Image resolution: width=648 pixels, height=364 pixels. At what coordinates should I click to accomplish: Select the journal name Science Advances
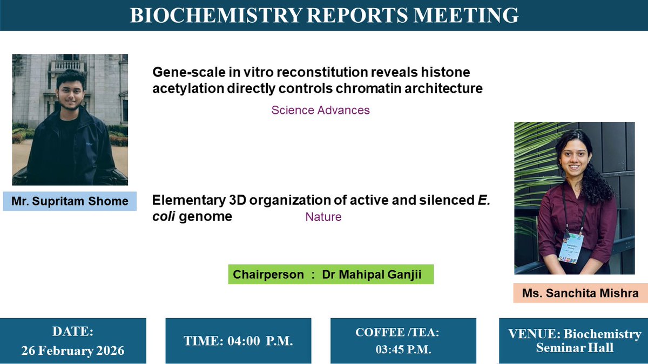click(x=320, y=111)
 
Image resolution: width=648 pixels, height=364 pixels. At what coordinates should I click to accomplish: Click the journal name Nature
click(x=323, y=217)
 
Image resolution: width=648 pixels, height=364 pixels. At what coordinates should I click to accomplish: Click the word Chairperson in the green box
click(x=268, y=274)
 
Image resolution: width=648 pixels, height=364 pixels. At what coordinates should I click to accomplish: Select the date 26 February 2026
click(x=73, y=351)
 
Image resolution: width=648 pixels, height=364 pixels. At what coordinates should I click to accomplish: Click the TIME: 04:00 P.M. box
click(x=238, y=341)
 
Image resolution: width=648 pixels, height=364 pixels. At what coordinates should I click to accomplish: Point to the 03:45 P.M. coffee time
click(x=403, y=349)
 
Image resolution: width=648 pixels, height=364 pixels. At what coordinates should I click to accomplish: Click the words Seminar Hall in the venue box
click(x=575, y=347)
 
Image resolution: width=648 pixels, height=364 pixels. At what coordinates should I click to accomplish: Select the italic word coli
click(x=161, y=217)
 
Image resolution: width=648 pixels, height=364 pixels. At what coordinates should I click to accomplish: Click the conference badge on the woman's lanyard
click(x=570, y=248)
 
